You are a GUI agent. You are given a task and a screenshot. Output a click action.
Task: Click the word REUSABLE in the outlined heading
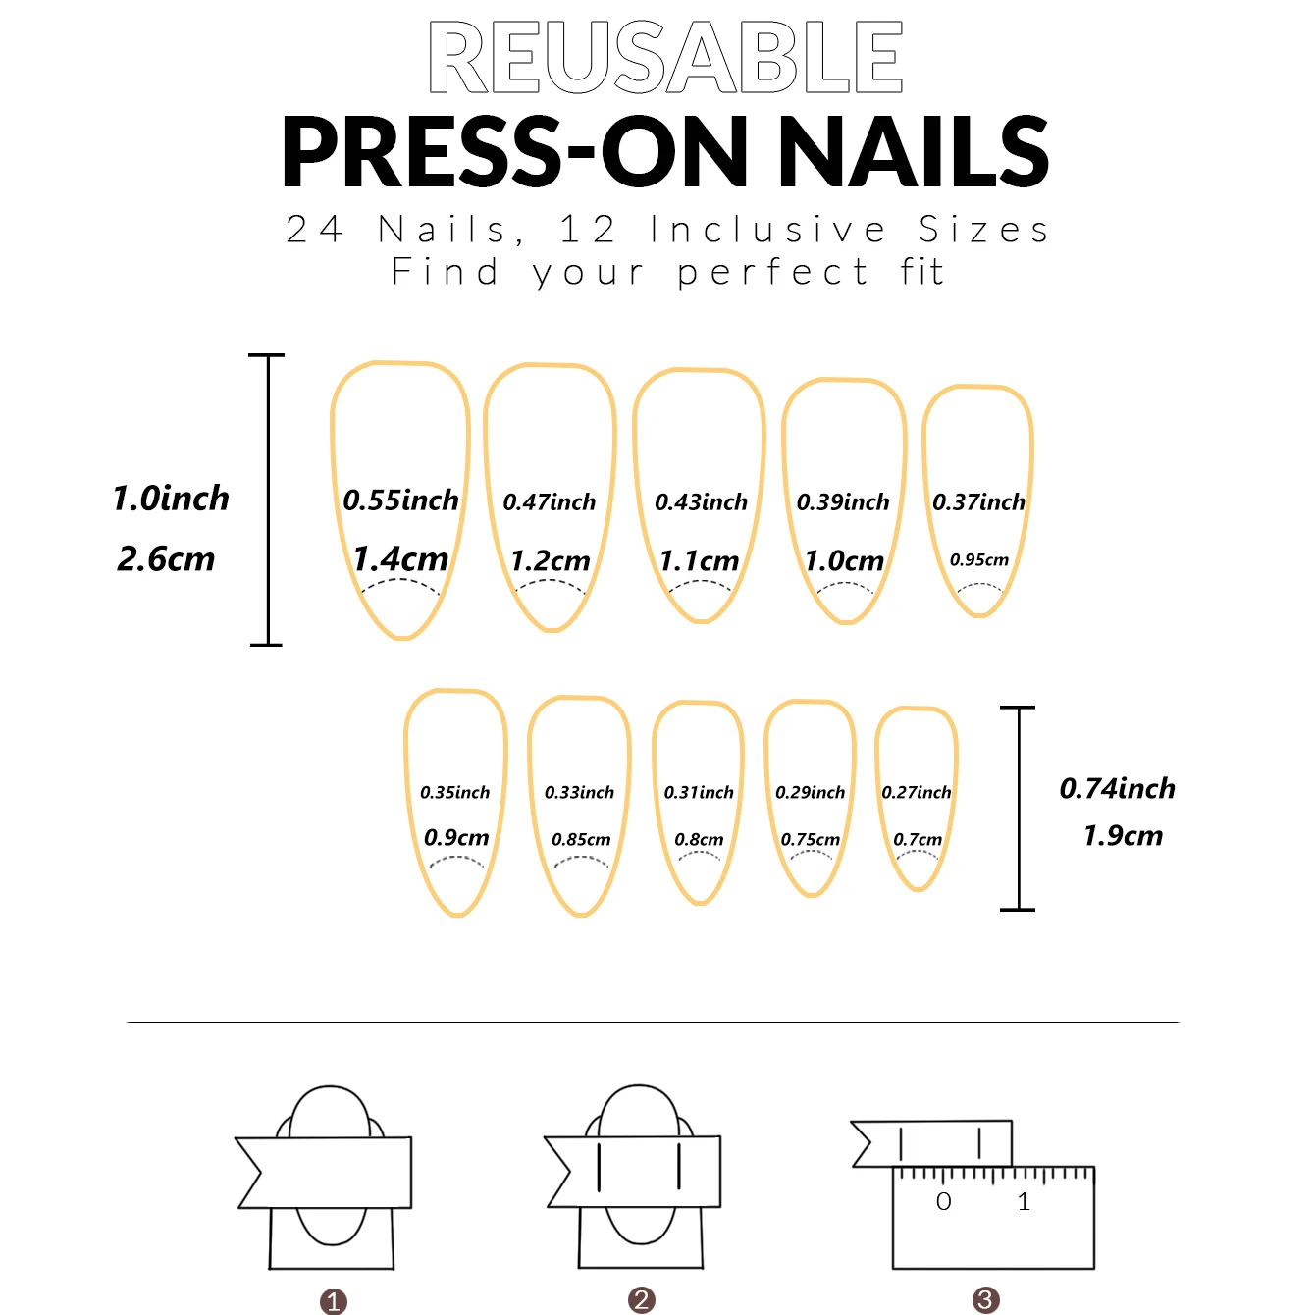pos(665,58)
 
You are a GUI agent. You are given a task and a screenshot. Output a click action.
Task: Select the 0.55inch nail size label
pos(400,500)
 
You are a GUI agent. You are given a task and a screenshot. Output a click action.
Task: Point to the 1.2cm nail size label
pos(551,561)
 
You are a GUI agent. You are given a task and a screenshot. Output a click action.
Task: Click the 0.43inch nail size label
pos(701,502)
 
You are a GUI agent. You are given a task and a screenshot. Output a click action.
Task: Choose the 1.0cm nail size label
pos(844,561)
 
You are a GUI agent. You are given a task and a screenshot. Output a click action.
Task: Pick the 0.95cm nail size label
pos(978,560)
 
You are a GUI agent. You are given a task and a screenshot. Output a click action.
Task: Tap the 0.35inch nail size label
pos(454,792)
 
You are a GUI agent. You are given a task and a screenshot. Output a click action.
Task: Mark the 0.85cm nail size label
pos(581,840)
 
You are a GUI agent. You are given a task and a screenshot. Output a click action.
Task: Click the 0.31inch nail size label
pos(699,792)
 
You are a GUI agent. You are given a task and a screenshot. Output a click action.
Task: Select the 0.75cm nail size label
pos(811,840)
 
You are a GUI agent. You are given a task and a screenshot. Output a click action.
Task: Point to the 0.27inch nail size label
pos(917,792)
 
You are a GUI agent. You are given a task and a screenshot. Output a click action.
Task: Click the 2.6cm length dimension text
pos(166,559)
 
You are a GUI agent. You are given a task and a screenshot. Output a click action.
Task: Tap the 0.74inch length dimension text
pos(1117,788)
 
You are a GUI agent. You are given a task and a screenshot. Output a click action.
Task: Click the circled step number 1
pos(334,1302)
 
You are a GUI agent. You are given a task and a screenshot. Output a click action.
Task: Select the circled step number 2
pos(642,1300)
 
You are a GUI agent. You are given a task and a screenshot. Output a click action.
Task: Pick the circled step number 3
pos(985,1300)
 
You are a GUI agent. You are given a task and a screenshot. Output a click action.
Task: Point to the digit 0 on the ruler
pos(944,1202)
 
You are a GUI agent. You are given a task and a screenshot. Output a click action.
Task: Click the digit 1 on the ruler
pos(1024,1202)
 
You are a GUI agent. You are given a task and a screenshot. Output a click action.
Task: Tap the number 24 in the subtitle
pos(314,230)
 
